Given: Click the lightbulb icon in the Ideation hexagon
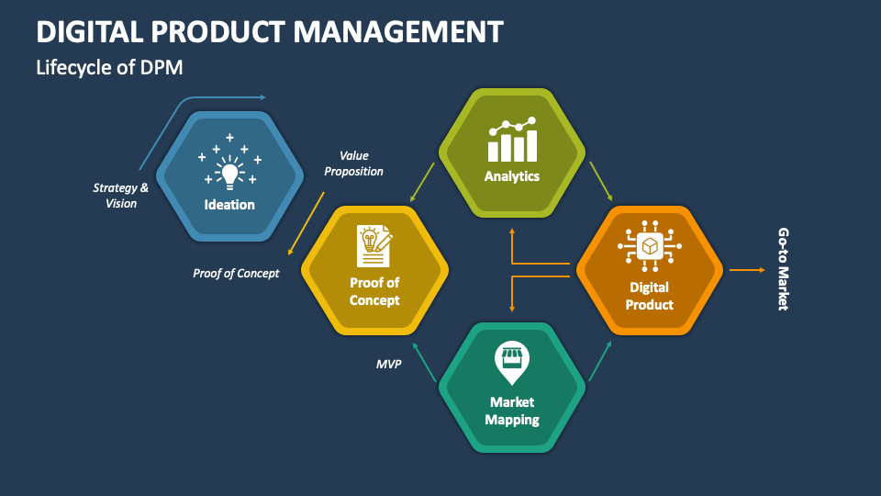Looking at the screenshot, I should [x=229, y=171].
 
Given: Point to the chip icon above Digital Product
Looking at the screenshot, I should [x=650, y=246].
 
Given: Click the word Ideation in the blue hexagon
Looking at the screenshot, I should [x=229, y=205].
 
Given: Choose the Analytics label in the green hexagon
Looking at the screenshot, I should [x=512, y=176].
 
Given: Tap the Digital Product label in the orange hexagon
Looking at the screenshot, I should [x=650, y=296].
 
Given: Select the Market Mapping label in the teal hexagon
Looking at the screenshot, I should [x=512, y=411].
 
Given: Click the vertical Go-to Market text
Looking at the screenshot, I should [x=783, y=269].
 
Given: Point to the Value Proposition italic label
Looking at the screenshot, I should [x=353, y=163].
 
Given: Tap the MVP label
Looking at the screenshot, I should [x=389, y=365].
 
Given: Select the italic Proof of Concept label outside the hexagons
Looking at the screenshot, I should [x=236, y=273].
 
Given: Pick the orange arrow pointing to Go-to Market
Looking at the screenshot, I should [x=746, y=270].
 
